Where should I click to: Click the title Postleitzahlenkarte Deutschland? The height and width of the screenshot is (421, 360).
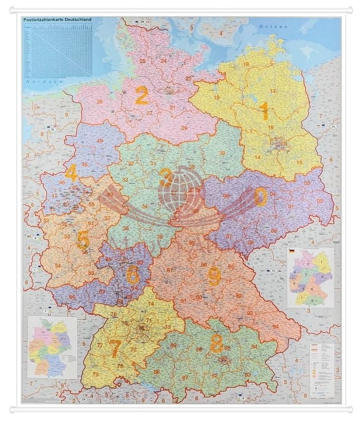pos(57,20)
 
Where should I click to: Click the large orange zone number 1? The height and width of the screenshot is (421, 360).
pos(265,111)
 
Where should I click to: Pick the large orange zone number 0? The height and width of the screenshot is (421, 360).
pos(260,196)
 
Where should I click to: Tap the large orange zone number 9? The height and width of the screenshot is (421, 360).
pos(214,276)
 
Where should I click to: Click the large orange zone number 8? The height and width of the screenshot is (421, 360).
pos(217,344)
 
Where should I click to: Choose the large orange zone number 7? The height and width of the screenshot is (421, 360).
pos(115,349)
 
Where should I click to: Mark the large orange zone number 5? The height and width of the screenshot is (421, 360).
pos(83,240)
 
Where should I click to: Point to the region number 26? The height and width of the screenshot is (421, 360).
pos(100,102)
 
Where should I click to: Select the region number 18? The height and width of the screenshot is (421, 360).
pos(246,64)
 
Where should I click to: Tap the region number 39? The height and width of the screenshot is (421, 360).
pos(222,153)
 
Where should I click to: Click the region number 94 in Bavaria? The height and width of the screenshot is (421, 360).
pos(275,326)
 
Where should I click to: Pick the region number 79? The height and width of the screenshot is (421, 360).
pos(95,374)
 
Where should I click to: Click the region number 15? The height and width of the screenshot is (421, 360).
pos(299,162)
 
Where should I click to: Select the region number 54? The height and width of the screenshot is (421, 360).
pos(58,266)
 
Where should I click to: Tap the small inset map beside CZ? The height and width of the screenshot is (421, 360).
pos(311,277)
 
